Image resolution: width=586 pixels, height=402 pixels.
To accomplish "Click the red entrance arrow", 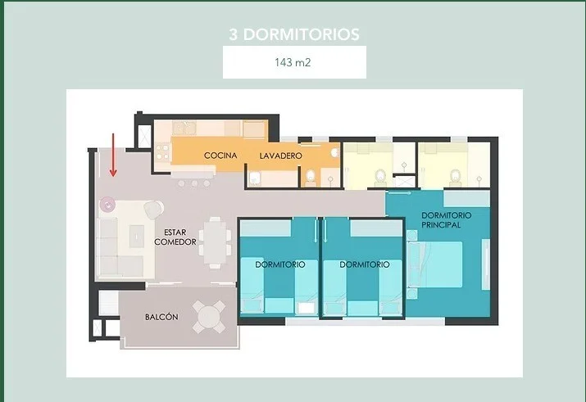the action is click(x=113, y=155).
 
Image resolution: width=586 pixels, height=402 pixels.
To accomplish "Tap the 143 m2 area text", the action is click(x=293, y=62).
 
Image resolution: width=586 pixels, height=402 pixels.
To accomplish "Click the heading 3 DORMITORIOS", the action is click(x=294, y=34).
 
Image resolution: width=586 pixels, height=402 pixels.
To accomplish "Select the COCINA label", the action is click(x=220, y=156).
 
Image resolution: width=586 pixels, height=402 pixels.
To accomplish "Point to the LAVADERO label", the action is click(x=280, y=156).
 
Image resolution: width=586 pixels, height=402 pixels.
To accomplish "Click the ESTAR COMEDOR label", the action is click(x=175, y=237).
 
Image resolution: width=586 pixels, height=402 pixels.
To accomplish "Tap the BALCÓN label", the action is click(x=161, y=317).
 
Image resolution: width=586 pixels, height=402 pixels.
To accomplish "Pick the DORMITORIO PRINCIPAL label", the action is click(x=446, y=220).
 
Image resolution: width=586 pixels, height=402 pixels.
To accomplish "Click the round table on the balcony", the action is click(x=209, y=317).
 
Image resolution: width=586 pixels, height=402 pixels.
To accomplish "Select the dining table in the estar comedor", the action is click(x=215, y=242).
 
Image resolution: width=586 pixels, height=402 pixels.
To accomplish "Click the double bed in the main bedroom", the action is click(x=435, y=264).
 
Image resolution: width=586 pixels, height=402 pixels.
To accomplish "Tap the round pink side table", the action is click(x=107, y=205).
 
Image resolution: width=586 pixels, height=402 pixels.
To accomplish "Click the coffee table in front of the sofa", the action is click(x=136, y=236).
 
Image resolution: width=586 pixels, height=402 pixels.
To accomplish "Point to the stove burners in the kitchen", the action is click(x=163, y=152).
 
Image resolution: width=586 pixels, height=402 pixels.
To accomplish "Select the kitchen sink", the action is click(x=184, y=129).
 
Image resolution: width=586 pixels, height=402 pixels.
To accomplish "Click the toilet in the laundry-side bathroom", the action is click(x=311, y=178).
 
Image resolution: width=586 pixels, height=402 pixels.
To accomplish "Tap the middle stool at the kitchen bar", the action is click(x=194, y=183).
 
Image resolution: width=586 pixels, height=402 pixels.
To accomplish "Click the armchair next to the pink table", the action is click(x=153, y=210).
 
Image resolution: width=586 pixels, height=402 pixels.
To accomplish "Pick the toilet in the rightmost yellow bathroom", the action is click(x=455, y=178).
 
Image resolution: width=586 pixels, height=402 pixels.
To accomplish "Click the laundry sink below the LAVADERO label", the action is click(x=255, y=178).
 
